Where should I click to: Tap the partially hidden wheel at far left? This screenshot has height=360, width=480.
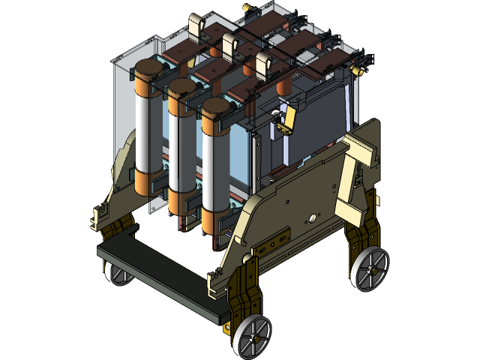click(118, 273)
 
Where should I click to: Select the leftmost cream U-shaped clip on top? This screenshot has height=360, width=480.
click(198, 26)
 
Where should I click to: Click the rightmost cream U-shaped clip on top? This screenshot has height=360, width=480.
click(265, 65)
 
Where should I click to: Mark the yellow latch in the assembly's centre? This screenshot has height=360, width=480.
click(286, 120)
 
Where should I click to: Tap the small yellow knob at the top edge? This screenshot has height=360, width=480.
click(247, 6)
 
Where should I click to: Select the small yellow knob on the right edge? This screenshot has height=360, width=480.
click(358, 70)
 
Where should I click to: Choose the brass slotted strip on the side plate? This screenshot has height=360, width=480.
click(275, 241)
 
